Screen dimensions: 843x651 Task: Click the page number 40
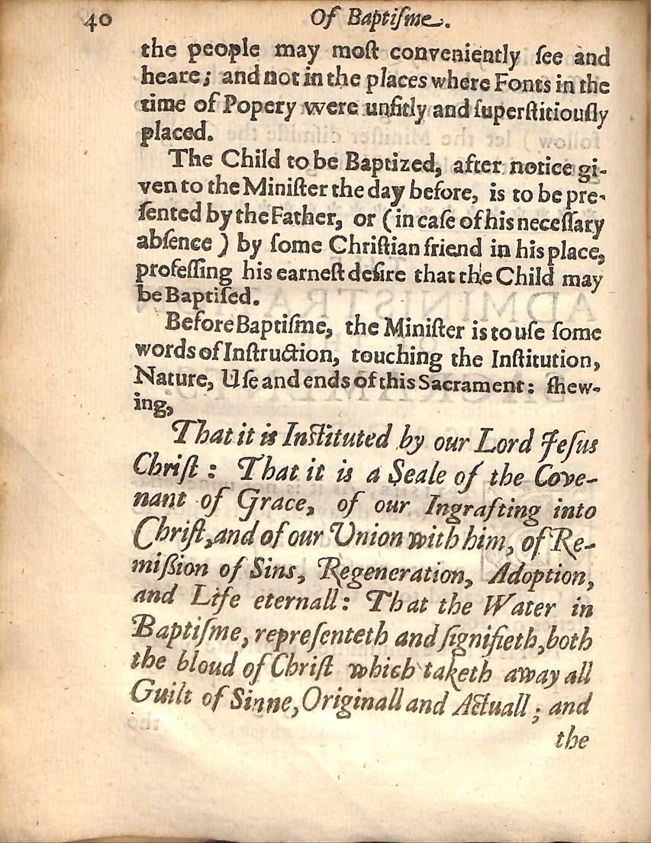tap(98, 17)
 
